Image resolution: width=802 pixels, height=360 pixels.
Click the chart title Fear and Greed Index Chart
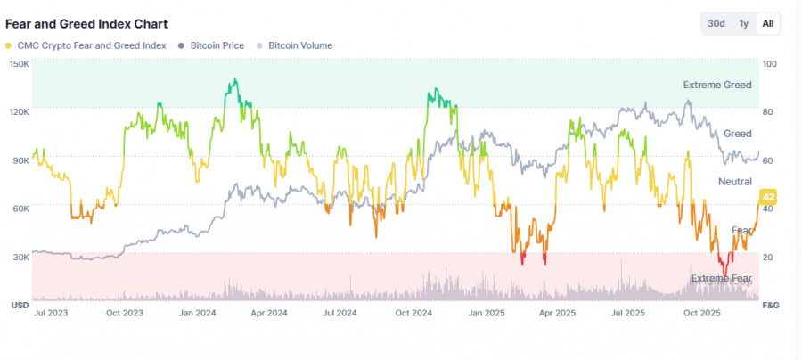[x=86, y=24]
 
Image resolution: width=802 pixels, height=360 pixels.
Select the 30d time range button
[x=716, y=24]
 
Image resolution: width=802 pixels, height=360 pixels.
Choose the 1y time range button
[x=743, y=24]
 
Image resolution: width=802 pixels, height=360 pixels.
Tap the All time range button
[x=767, y=24]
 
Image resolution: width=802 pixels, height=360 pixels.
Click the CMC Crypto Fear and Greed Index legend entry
[x=85, y=45]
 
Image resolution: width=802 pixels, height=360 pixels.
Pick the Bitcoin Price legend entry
[x=217, y=45]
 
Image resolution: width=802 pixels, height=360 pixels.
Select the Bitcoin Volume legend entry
[x=299, y=45]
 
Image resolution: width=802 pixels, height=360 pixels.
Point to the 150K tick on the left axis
[x=19, y=64]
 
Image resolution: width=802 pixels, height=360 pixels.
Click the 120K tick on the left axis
[x=19, y=112]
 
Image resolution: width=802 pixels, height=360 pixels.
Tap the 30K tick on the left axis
[x=19, y=257]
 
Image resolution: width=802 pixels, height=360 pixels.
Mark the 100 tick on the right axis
[x=770, y=64]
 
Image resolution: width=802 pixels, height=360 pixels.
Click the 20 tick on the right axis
[x=767, y=257]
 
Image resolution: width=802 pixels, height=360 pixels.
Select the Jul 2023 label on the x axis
[x=50, y=313]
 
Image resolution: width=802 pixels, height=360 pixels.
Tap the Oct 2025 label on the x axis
[x=701, y=313]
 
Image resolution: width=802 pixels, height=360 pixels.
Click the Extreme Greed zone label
[x=717, y=85]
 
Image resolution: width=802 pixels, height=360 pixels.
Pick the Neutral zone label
[x=735, y=181]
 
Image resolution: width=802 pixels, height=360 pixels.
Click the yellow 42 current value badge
[x=767, y=196]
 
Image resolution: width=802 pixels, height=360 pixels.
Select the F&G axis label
[x=771, y=305]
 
